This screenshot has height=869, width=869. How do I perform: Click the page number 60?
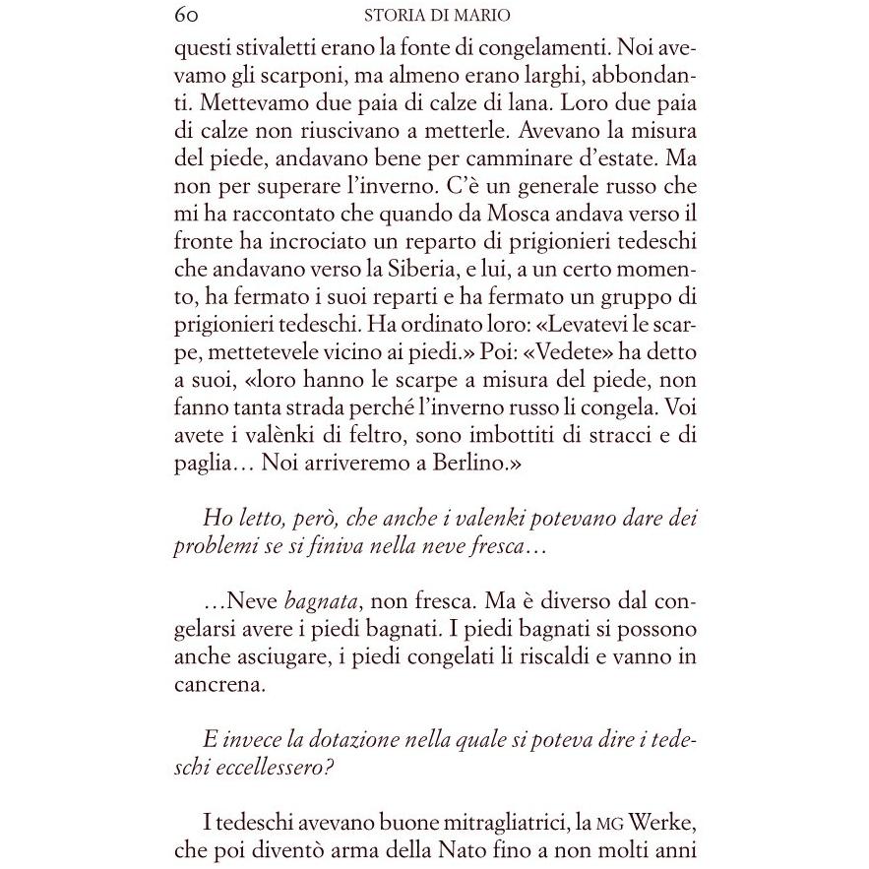[187, 15]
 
